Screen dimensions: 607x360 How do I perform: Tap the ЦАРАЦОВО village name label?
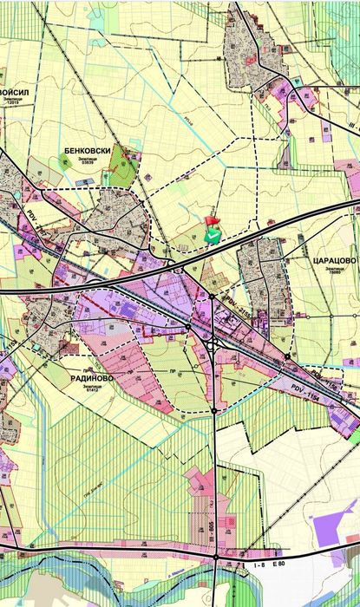pos(331,258)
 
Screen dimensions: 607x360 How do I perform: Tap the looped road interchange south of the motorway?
pos(214,343)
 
